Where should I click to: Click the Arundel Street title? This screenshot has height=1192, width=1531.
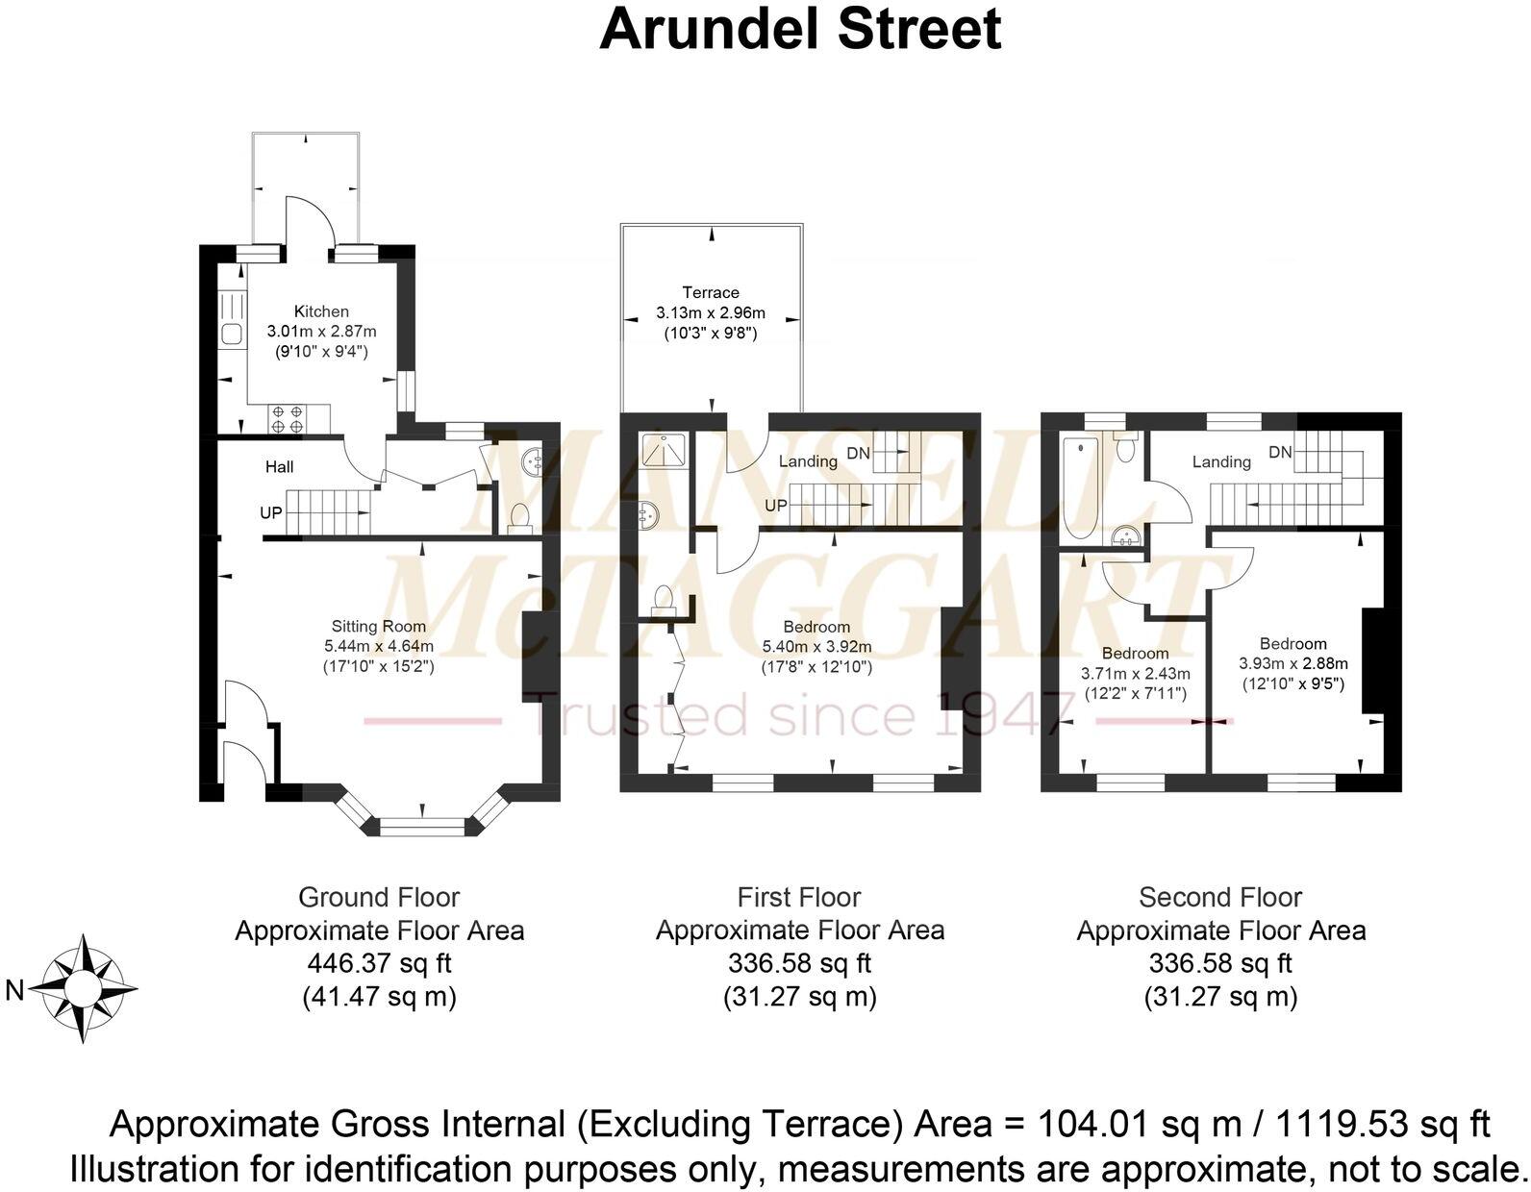(800, 29)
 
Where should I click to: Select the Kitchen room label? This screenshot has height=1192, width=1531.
(321, 311)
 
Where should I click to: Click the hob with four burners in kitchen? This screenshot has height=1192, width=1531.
(287, 418)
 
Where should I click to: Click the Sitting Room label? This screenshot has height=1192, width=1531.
(379, 626)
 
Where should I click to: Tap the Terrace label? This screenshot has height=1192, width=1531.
(711, 292)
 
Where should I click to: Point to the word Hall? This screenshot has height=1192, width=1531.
(280, 467)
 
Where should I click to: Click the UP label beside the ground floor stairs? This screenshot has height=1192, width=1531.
(271, 513)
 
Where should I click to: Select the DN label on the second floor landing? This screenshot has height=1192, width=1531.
(1279, 452)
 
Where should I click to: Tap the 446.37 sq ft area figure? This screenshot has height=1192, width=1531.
(379, 962)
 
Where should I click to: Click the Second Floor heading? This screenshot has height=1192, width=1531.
(1220, 897)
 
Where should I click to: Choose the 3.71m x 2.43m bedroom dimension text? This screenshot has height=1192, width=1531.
(1136, 673)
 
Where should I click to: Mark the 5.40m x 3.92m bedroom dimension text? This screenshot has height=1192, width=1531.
(816, 646)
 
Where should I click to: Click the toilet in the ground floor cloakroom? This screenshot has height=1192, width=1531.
(518, 517)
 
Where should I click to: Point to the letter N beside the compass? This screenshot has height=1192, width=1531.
(14, 990)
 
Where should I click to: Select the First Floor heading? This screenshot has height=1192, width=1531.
(799, 897)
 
